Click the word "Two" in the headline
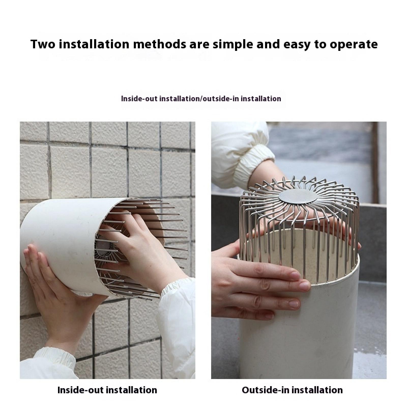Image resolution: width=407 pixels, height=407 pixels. [x=43, y=44]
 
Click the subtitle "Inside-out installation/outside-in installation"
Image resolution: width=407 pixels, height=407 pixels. [x=201, y=98]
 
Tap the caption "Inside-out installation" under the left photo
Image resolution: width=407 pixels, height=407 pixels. [x=107, y=390]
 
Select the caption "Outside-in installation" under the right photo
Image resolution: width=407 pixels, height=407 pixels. [x=292, y=390]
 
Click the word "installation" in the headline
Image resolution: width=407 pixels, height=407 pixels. [x=95, y=44]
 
